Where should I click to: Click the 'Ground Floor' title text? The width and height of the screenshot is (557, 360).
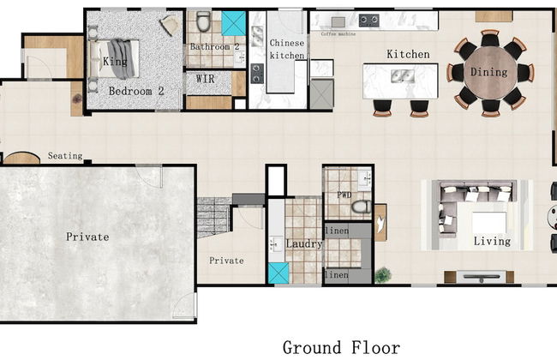341,347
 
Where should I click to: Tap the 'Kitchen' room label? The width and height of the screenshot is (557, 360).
408,54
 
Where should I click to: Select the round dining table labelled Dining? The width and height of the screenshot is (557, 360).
489,73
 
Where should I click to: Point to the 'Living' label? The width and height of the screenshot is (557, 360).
492,241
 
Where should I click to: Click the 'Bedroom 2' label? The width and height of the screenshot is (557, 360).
135,91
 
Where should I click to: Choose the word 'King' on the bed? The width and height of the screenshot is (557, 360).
114,62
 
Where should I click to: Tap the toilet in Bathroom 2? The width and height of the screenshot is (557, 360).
203,21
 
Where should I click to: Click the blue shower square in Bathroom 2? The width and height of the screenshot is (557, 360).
233,23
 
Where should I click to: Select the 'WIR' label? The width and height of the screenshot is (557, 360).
205,78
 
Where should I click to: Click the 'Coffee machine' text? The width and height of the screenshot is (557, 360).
338,34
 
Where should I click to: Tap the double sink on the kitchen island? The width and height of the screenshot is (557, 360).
399,76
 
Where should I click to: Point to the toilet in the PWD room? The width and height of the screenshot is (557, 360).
361,207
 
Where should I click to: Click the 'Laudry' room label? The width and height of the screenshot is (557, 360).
304,244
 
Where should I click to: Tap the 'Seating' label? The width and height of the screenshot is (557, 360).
65,156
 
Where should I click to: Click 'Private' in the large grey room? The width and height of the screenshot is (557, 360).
87,236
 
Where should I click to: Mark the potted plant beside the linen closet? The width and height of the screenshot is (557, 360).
382,275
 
